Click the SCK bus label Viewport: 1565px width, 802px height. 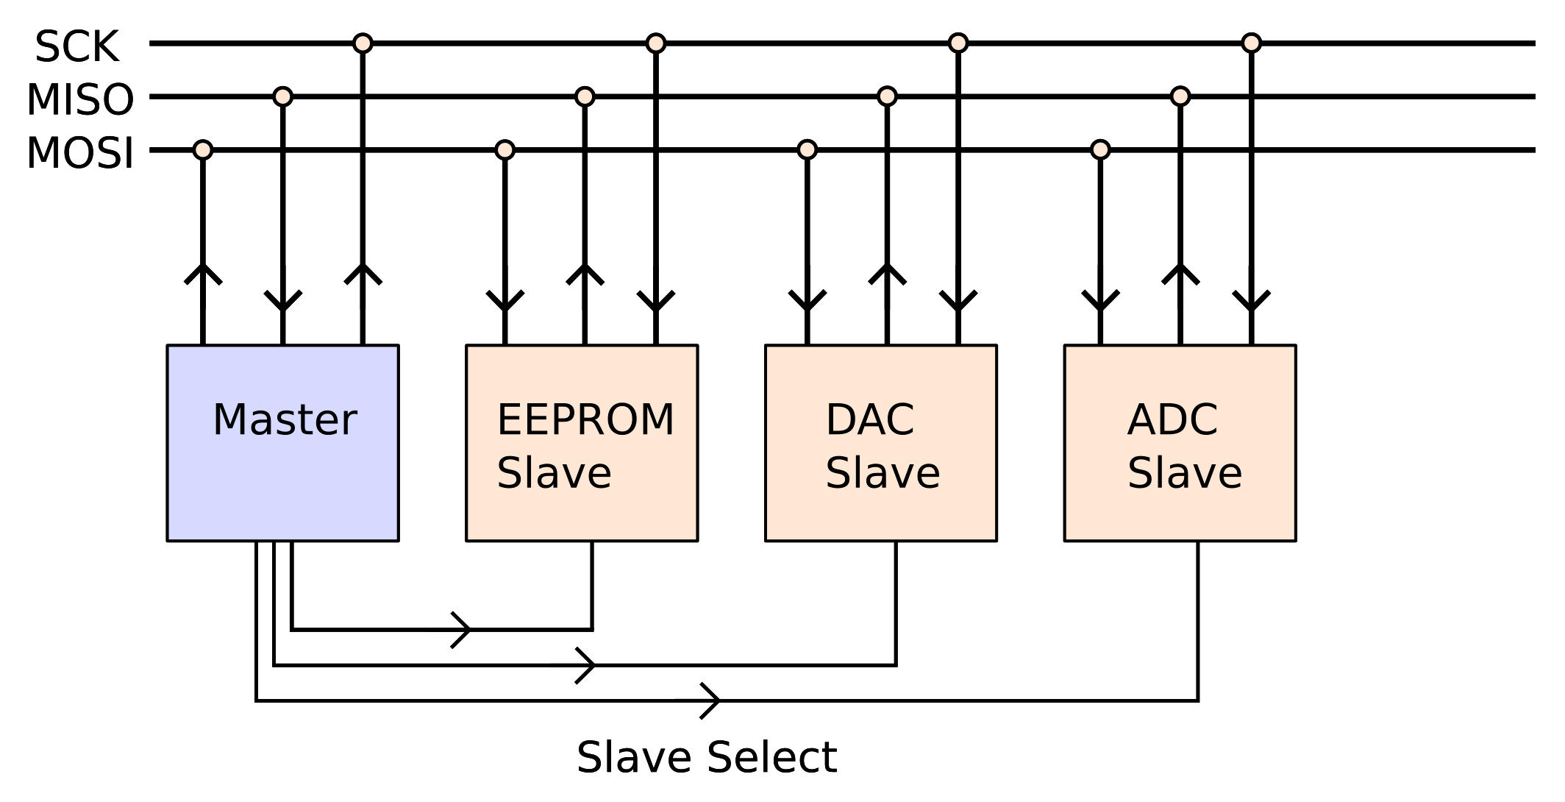[x=76, y=47]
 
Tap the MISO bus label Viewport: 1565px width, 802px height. [x=80, y=100]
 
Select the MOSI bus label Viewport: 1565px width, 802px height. [x=80, y=154]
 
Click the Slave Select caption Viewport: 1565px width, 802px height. [x=706, y=758]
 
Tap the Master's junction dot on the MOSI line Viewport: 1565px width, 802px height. [x=203, y=150]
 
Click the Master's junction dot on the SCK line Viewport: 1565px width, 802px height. [x=363, y=43]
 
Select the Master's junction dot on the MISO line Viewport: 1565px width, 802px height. [x=283, y=96]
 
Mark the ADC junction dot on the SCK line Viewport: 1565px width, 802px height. [x=1252, y=43]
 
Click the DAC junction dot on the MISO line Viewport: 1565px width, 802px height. [x=888, y=96]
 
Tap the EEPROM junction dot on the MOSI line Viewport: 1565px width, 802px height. [x=505, y=150]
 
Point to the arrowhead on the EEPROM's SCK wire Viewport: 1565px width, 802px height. [x=656, y=302]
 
